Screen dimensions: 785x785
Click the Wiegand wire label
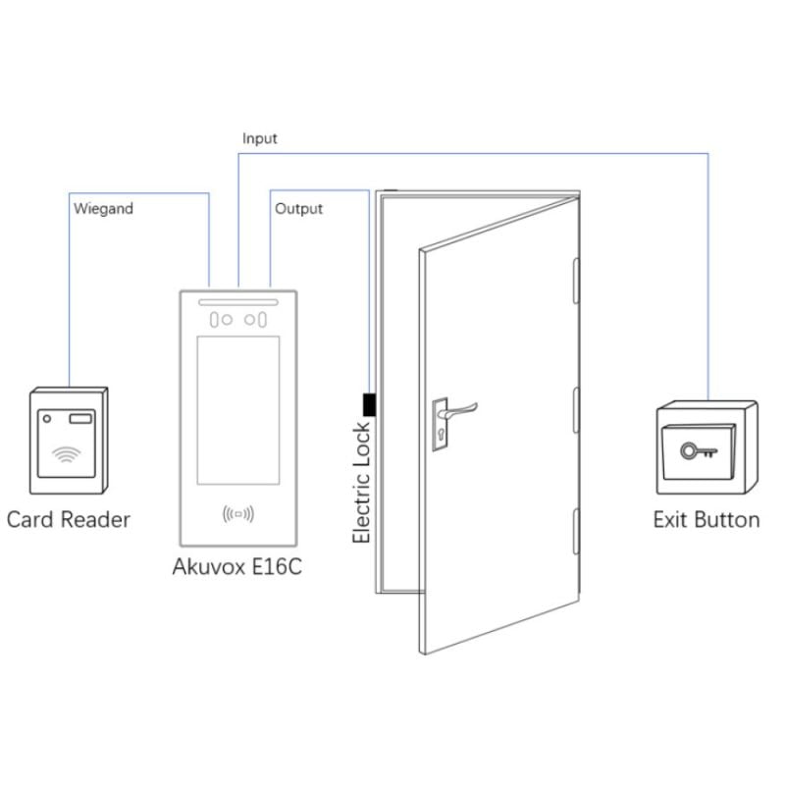[x=103, y=208]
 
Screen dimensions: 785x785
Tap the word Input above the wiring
[x=260, y=138]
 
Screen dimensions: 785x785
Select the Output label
[x=298, y=208]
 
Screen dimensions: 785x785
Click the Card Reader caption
[x=69, y=519]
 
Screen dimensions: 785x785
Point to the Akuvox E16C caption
[x=236, y=568]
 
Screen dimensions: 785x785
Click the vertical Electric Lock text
[x=362, y=482]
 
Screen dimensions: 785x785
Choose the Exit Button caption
[x=706, y=519]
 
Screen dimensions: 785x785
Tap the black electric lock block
[x=370, y=403]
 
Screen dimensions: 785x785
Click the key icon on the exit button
[x=699, y=450]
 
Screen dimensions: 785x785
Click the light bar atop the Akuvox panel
[x=238, y=301]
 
